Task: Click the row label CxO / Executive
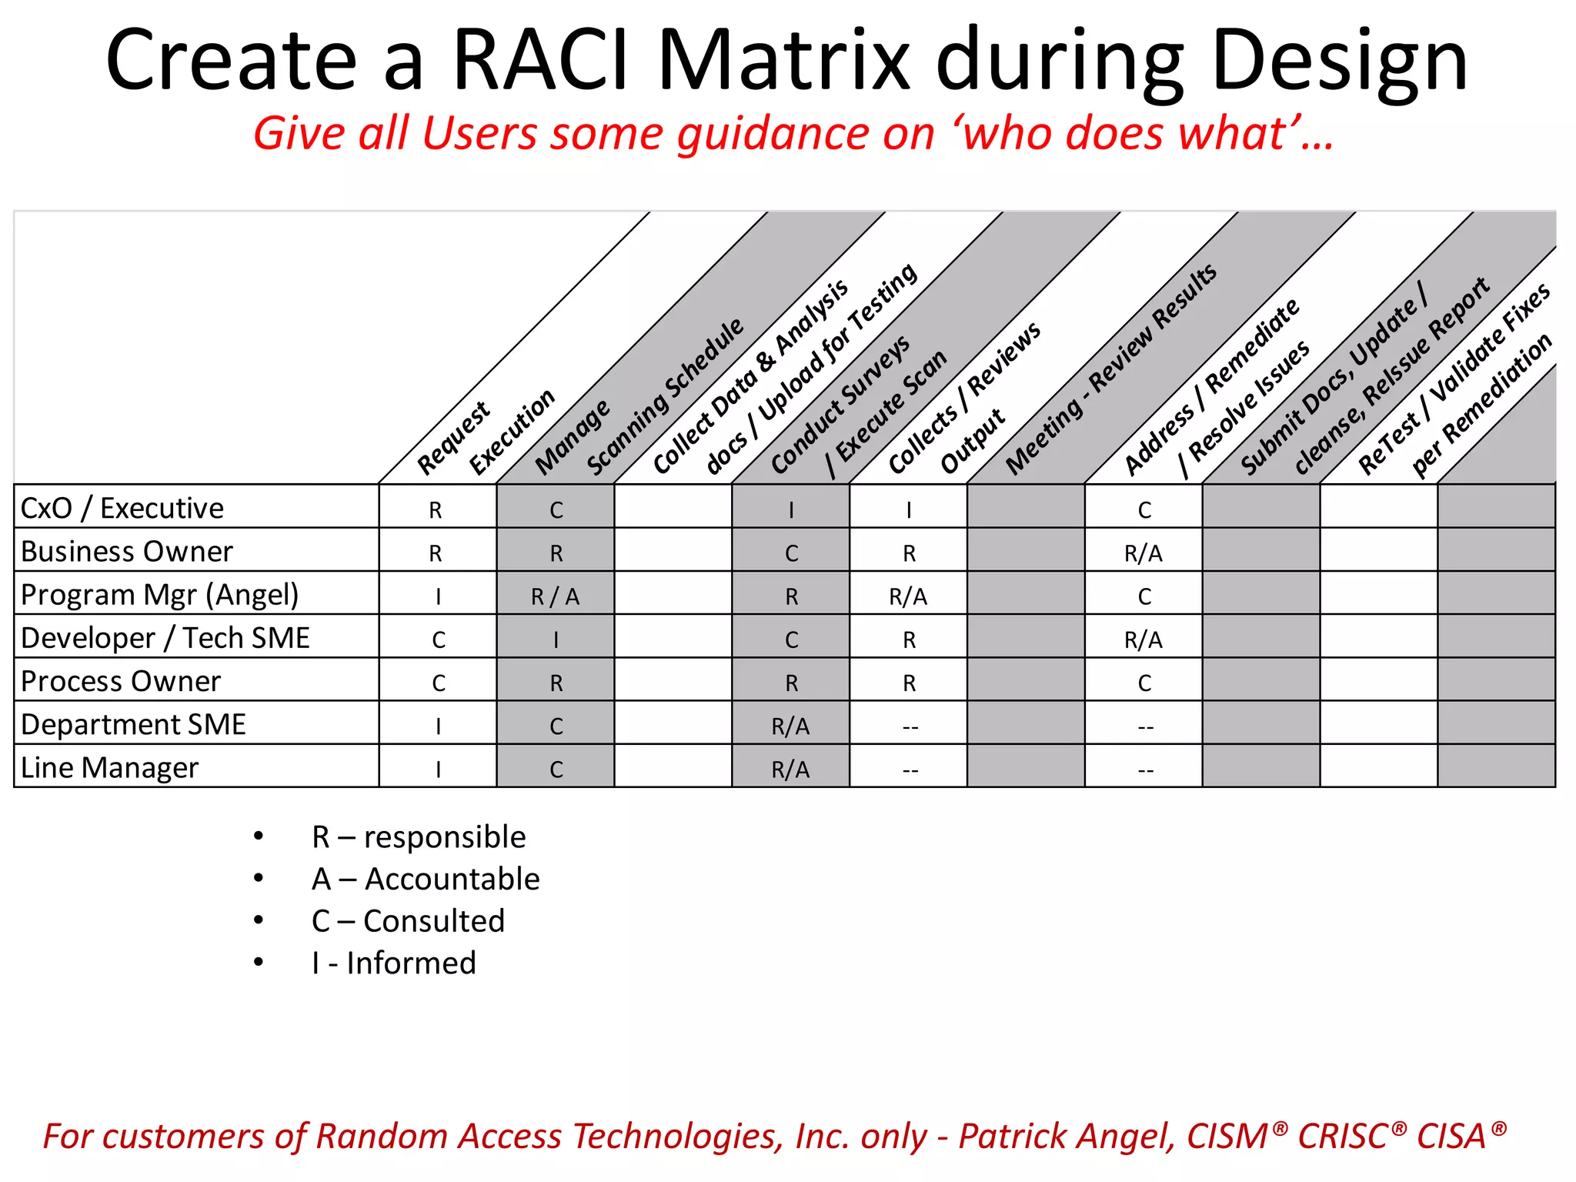coord(122,509)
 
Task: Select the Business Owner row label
coord(126,552)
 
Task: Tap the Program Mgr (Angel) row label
coord(159,595)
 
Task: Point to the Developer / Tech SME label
coord(165,638)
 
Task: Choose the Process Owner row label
coord(120,681)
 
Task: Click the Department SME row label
coord(133,724)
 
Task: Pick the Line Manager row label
coord(109,767)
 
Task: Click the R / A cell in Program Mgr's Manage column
coord(556,596)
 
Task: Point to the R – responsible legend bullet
coord(419,836)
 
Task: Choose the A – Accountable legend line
coord(426,879)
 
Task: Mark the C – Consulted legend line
coord(408,921)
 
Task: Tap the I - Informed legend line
coord(394,963)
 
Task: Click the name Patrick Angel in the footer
coord(1067,1137)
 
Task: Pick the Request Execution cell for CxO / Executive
coord(436,509)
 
